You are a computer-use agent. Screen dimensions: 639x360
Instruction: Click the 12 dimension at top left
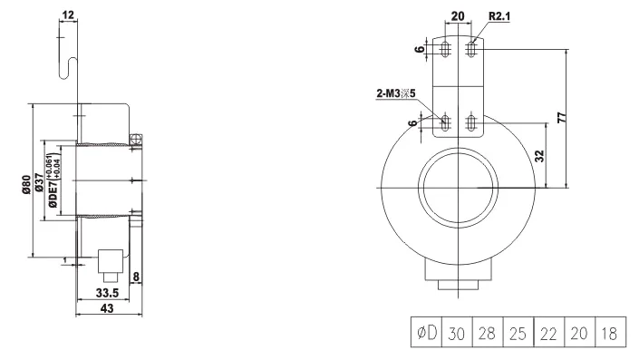point(68,15)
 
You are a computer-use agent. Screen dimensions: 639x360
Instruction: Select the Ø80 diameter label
point(26,184)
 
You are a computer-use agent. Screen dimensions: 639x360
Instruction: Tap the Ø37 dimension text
point(40,182)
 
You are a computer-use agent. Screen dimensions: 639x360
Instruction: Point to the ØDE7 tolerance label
point(54,180)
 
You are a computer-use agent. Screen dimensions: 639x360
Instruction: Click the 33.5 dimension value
point(107,293)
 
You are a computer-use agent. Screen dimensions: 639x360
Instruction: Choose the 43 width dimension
point(107,308)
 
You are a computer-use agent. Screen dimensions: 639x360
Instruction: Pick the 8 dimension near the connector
point(136,277)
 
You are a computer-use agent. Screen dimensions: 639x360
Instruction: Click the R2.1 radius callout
point(499,16)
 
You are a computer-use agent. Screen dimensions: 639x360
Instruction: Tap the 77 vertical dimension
point(562,117)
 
